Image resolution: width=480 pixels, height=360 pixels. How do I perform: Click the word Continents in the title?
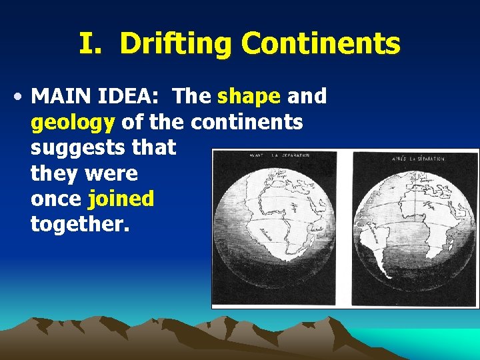click(321, 44)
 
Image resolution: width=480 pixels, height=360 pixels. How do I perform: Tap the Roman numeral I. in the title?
click(93, 44)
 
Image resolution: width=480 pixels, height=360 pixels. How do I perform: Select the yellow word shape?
click(249, 97)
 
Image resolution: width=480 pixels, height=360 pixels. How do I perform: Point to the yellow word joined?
click(121, 198)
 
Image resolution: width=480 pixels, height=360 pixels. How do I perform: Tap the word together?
click(80, 224)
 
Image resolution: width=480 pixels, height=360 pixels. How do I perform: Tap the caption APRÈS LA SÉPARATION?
click(419, 158)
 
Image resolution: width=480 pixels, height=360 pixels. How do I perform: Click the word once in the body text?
click(56, 198)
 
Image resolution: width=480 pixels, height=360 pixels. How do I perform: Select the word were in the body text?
click(113, 173)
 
